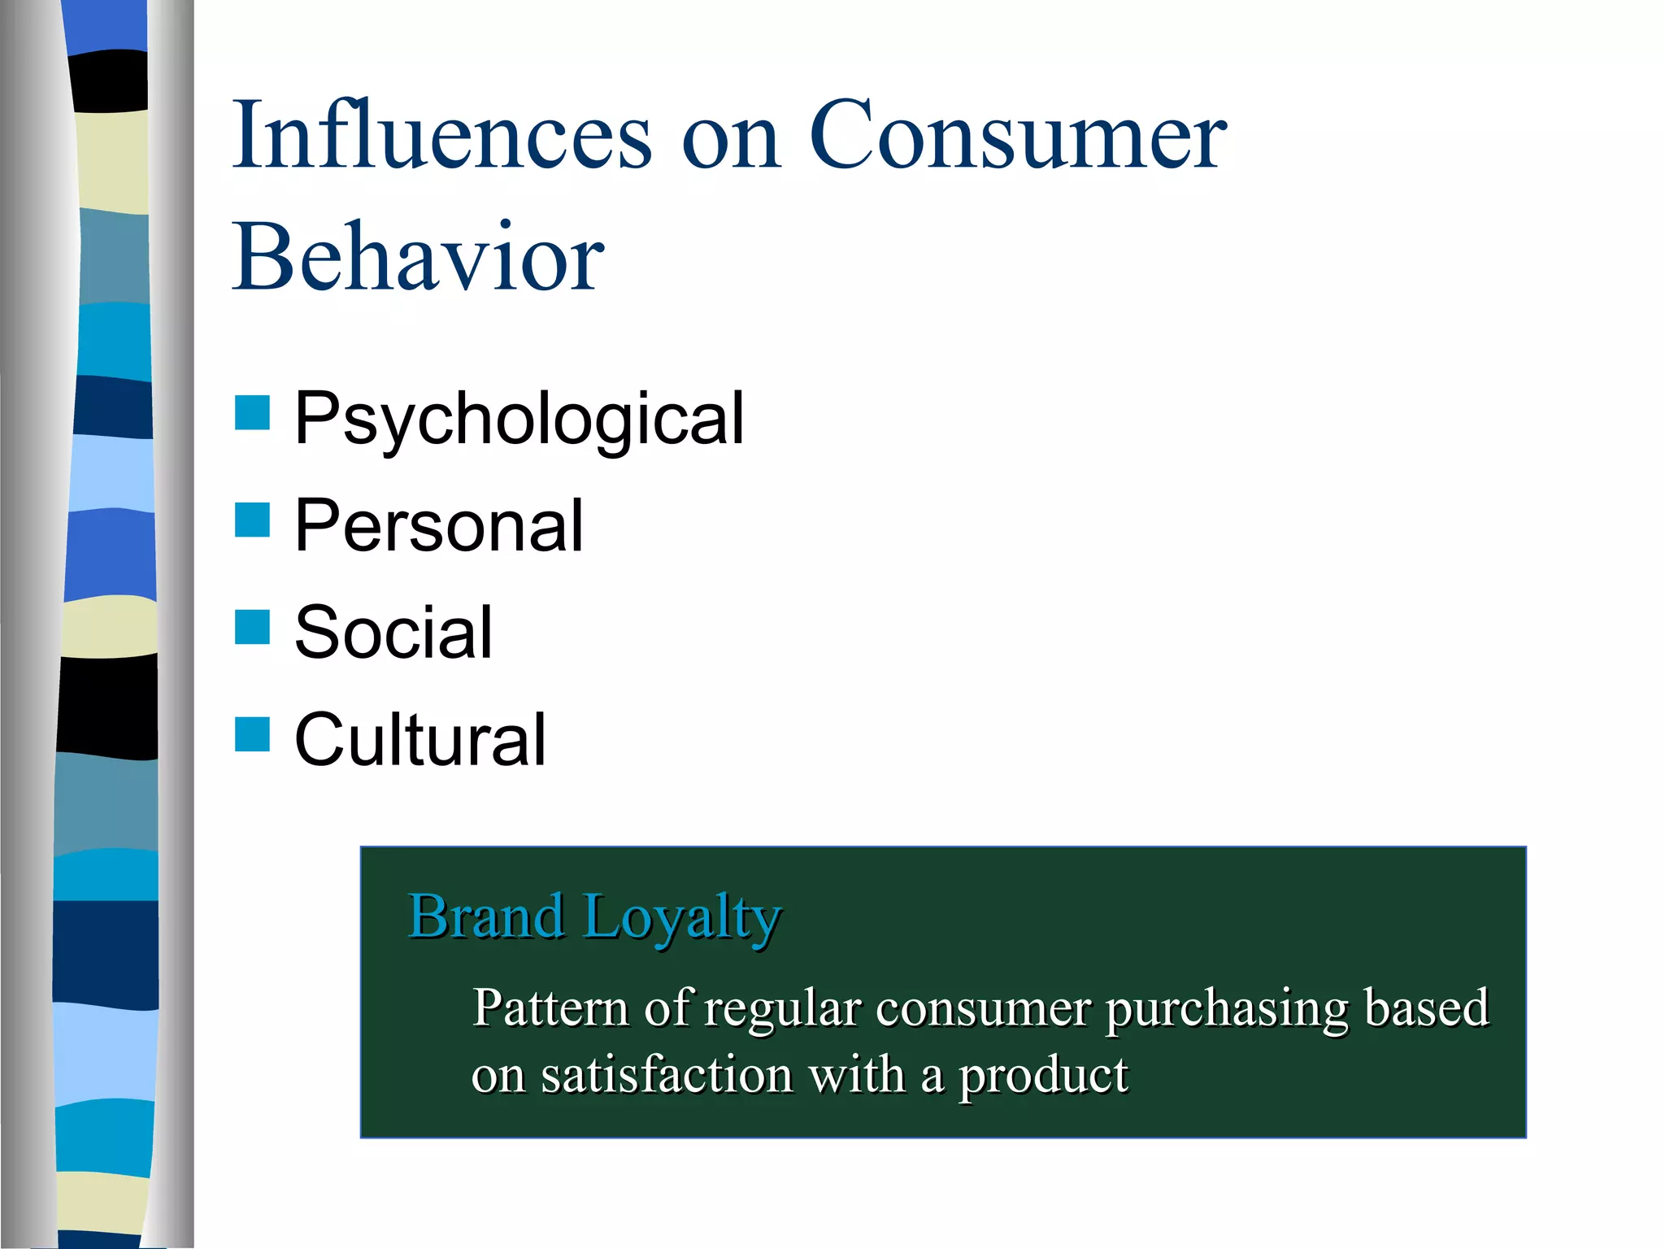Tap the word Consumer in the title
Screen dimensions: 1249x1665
1017,135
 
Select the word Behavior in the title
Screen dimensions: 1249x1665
418,259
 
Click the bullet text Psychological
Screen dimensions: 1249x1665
519,419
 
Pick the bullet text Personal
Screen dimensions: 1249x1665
439,526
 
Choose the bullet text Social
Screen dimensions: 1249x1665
393,633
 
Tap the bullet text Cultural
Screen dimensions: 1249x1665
420,740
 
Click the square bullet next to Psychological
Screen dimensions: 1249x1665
252,412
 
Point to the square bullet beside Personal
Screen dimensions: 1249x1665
252,520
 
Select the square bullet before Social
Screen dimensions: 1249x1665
252,627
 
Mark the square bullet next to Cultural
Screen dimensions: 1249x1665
252,734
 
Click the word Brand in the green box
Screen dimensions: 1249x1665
486,916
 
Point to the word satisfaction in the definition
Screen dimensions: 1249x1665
667,1075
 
